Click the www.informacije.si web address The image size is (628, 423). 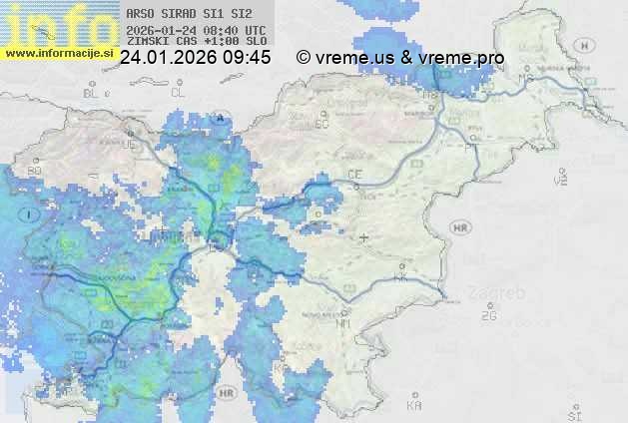tap(59, 53)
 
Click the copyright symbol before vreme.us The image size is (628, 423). tap(304, 58)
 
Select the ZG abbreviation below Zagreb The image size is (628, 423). tap(488, 316)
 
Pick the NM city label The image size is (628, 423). tap(344, 323)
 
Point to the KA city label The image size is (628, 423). tap(413, 406)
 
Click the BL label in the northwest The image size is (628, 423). tap(93, 93)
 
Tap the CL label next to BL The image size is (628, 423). tap(178, 93)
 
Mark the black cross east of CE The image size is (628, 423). tap(363, 237)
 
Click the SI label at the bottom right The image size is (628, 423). tap(573, 411)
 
